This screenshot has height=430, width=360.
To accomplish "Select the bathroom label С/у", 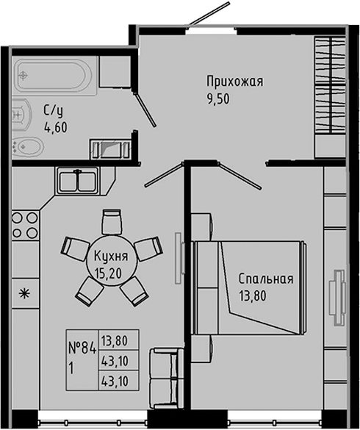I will tap(53, 111).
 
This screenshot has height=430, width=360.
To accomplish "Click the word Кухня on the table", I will tap(111, 257).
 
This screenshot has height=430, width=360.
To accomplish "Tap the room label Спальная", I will tap(265, 279).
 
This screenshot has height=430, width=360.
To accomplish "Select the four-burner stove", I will tap(24, 225).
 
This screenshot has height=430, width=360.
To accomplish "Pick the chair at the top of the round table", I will tap(111, 221).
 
